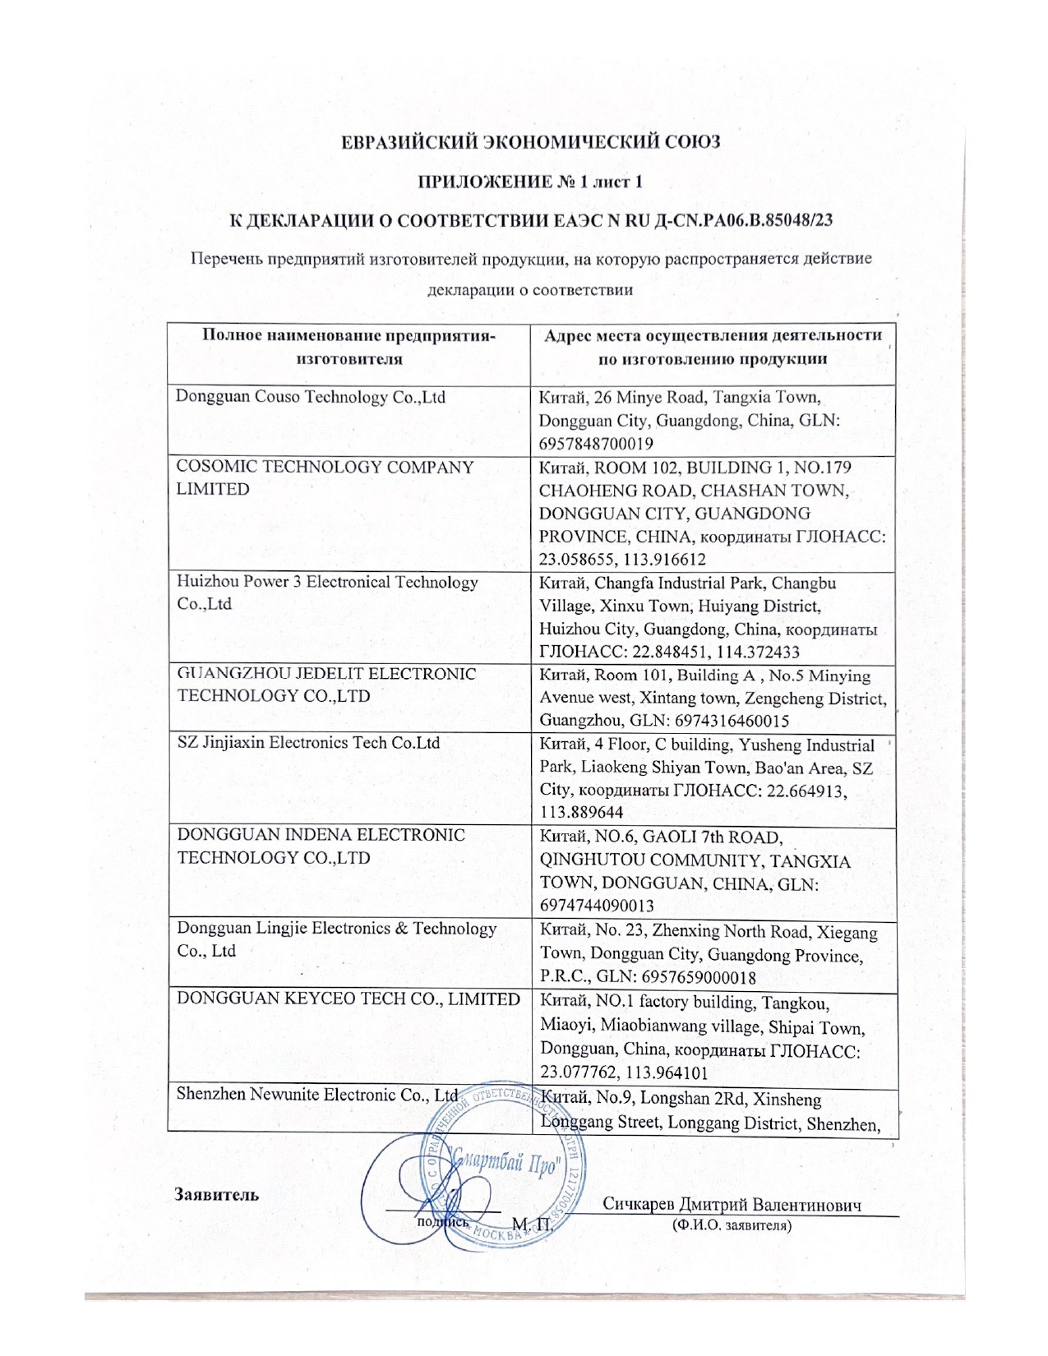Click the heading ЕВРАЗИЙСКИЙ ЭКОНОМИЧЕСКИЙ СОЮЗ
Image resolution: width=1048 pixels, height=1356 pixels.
click(531, 141)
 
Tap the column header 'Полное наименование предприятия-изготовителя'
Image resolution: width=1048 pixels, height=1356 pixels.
click(349, 347)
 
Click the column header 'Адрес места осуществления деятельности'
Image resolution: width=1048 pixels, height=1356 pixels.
click(713, 347)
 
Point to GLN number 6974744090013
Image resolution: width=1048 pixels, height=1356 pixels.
click(597, 906)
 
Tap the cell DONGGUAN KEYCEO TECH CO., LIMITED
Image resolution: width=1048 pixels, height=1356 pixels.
click(349, 999)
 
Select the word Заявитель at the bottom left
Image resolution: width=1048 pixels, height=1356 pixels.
click(216, 1195)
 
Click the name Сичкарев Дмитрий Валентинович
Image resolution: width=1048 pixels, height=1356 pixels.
click(732, 1205)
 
